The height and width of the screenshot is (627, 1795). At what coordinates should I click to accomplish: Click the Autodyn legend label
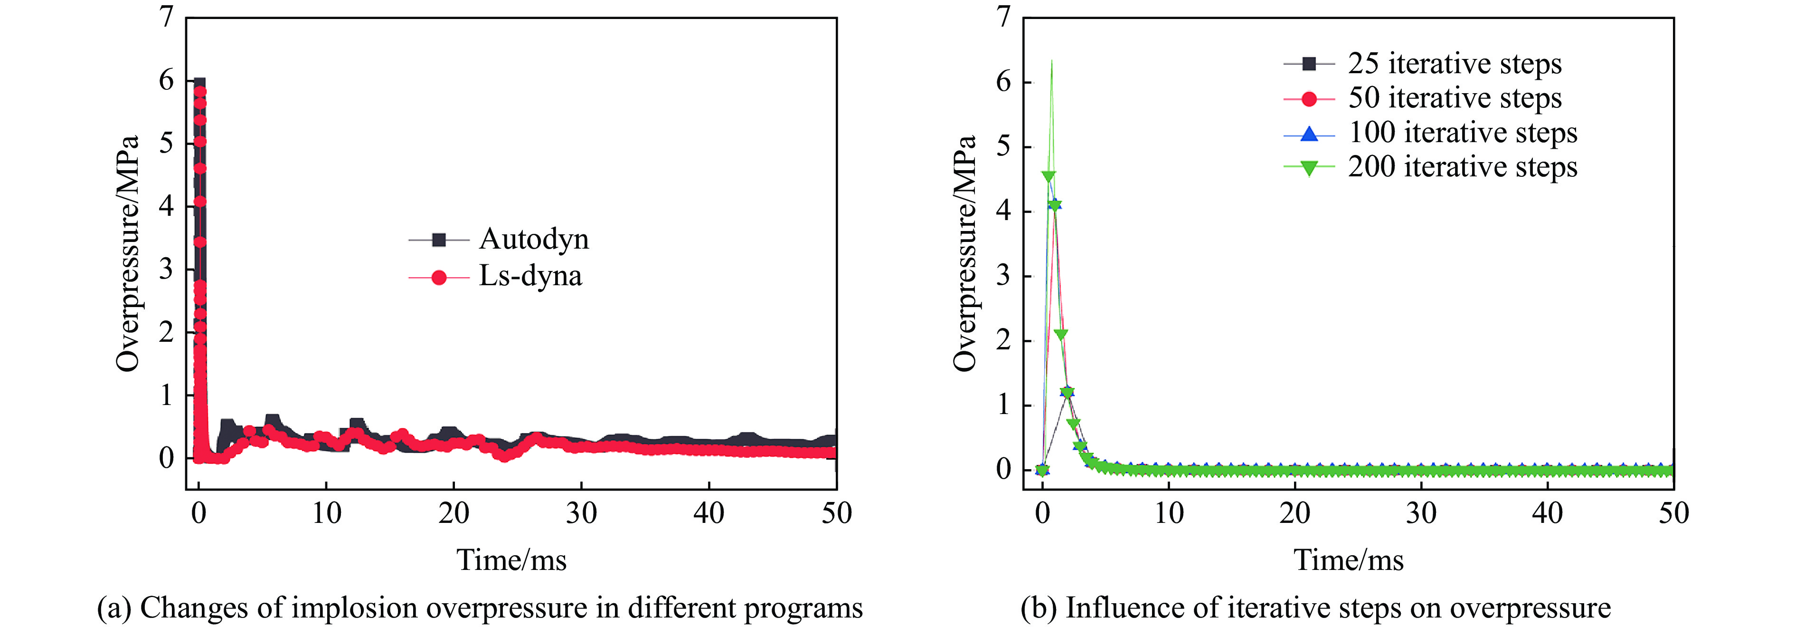(534, 239)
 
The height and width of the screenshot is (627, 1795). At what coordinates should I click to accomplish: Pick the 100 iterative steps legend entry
(1462, 133)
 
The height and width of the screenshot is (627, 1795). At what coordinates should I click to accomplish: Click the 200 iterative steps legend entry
(1462, 167)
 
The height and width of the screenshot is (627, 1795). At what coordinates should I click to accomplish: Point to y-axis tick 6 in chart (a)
(166, 80)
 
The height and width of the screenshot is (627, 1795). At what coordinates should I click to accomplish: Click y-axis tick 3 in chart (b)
(1003, 276)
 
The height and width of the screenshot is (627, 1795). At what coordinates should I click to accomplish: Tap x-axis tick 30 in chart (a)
(581, 514)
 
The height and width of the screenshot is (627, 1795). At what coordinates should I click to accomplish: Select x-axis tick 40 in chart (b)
(1547, 514)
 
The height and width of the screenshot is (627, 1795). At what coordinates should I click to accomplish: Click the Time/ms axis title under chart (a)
(511, 560)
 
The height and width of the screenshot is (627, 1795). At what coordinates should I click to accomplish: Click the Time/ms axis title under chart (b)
(1348, 560)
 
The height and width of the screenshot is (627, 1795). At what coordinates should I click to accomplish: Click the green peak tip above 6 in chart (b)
(1051, 61)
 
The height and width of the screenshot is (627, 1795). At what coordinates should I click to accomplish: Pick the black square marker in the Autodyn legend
(438, 240)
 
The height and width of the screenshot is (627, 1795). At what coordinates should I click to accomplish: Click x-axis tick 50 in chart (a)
(836, 514)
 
